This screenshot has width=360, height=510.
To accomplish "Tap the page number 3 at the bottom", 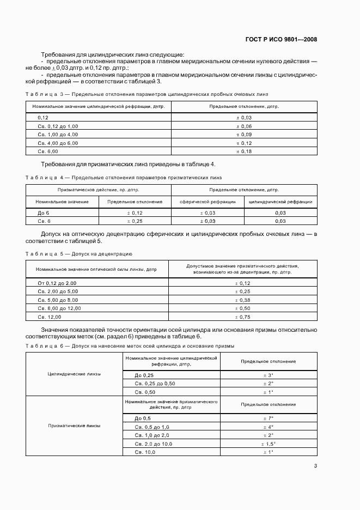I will click(315, 466).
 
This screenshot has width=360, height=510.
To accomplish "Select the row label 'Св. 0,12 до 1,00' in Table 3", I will click(58, 126).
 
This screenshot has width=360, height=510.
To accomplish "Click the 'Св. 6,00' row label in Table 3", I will click(48, 151).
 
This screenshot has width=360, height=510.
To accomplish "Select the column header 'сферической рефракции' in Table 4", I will click(208, 202).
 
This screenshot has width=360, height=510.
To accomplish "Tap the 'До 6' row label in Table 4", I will click(44, 212).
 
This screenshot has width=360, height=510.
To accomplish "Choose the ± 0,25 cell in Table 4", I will click(135, 221).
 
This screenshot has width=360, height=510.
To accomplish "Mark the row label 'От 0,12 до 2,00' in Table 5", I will click(57, 283).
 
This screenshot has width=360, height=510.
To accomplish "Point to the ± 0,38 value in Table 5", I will click(242, 300).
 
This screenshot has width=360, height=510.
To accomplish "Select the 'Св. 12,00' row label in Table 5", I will click(50, 317).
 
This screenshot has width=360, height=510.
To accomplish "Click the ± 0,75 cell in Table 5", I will click(242, 317).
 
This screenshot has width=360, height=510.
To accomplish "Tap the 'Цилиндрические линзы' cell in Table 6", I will click(75, 374).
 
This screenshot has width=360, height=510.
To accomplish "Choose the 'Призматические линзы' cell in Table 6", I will click(75, 426).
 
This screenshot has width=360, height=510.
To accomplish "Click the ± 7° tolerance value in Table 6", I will click(268, 418).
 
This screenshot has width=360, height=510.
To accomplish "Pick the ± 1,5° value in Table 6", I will click(268, 444).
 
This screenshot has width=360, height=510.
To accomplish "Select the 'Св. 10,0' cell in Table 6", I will click(145, 452).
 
